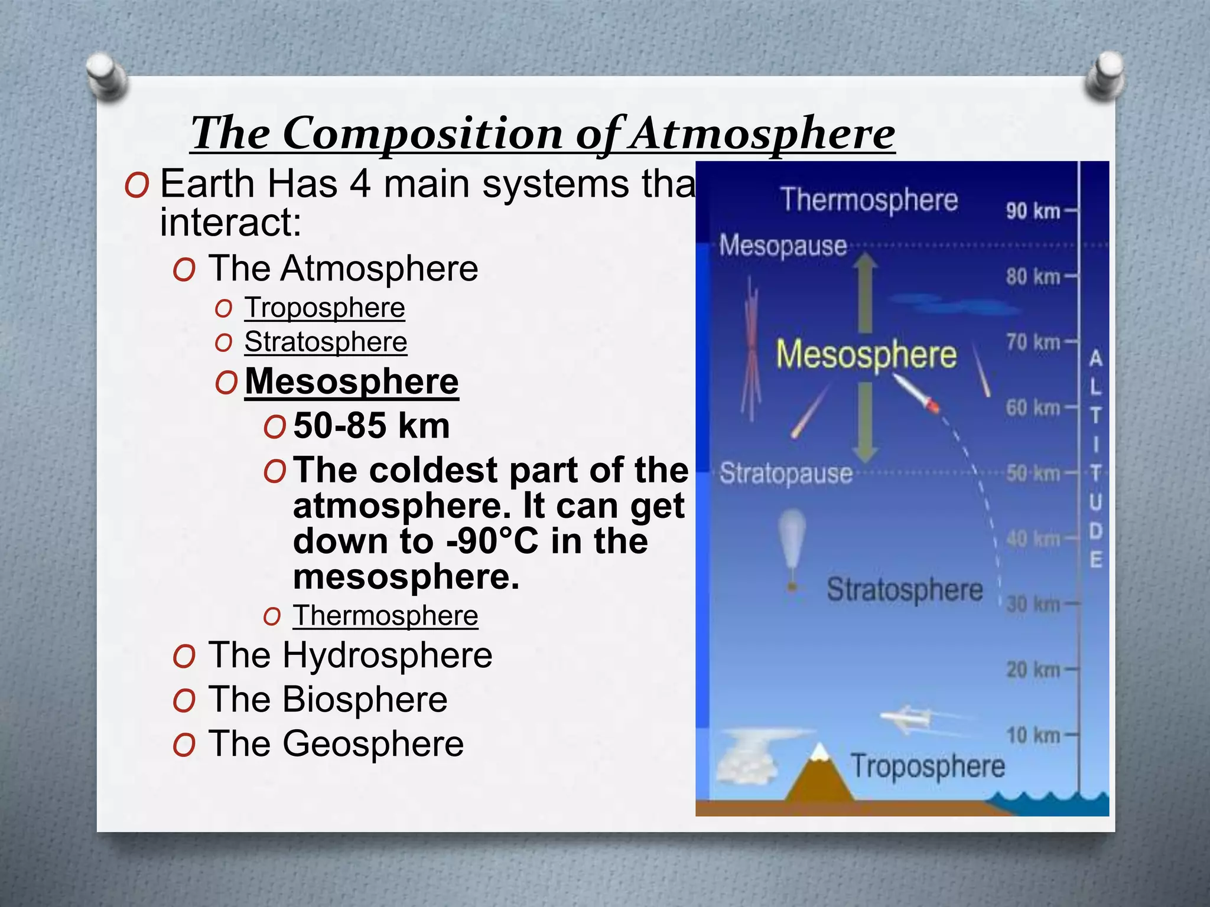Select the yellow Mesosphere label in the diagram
coord(866,355)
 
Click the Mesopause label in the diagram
coord(783,246)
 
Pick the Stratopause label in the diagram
coord(786,474)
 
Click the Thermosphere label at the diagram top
coord(869,200)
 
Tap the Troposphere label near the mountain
coord(928,766)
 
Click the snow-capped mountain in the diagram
coord(820,777)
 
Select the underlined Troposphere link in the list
coord(324,308)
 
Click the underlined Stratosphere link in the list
coord(326,342)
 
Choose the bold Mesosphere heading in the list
coord(352,381)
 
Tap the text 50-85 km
coord(372,426)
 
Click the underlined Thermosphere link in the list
coord(385,616)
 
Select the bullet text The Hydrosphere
coord(350,655)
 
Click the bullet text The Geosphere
coord(336,743)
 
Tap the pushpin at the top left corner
coord(106,76)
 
